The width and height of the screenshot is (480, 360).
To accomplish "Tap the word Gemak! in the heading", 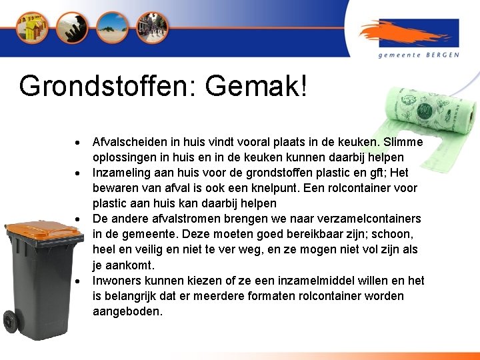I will [257, 87].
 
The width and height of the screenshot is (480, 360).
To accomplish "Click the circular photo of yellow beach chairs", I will [33, 27].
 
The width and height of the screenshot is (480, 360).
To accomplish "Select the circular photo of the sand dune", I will [111, 27].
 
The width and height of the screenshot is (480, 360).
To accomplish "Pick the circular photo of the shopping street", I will [152, 27].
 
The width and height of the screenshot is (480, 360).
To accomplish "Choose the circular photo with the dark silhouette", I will [72, 27].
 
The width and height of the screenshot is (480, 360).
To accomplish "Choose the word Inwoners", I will [119, 280].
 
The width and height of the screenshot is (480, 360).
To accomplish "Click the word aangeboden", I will [127, 311].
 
